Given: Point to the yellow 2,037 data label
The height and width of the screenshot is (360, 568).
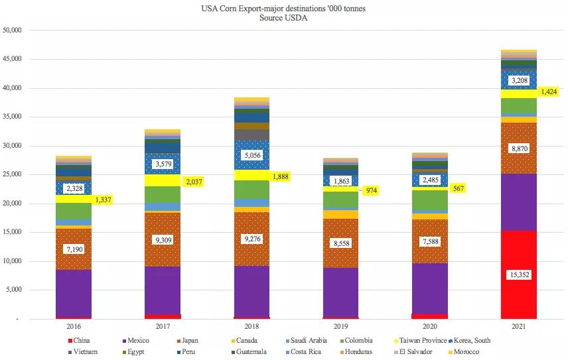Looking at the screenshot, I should coord(194,181).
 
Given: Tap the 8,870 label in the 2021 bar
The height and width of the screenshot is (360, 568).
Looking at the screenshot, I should coord(518,150).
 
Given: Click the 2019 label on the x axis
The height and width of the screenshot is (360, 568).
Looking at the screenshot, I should coord(340,326).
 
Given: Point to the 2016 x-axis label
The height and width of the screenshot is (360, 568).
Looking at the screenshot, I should coord(73,326).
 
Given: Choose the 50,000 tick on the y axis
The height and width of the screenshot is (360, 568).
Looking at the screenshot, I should coord(13,30).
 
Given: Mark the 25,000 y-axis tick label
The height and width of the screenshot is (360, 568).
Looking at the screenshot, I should coord(13,175).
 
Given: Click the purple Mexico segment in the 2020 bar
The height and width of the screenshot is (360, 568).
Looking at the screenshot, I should coord(430,288).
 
